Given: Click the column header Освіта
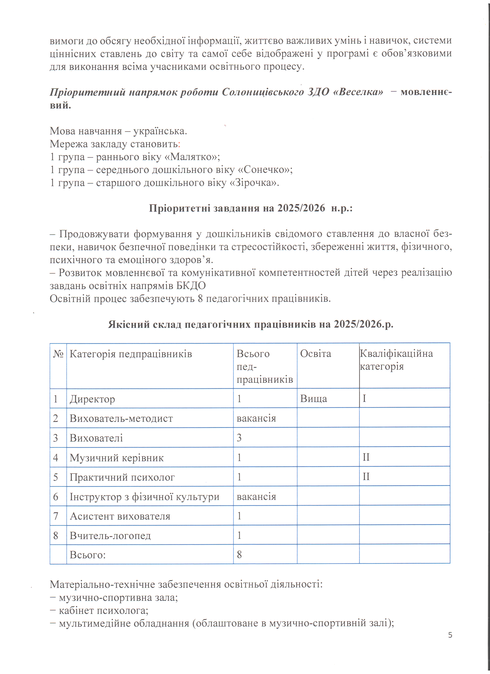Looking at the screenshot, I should [315, 354].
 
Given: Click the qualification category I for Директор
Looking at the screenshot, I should [364, 398].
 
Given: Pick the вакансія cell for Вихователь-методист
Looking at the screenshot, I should [256, 418].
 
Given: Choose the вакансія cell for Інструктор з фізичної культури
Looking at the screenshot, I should [256, 497].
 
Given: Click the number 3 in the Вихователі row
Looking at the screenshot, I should [239, 438].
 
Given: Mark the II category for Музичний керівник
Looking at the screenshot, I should [366, 457].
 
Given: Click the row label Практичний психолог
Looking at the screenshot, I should [122, 477].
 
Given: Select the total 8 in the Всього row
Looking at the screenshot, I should [239, 554].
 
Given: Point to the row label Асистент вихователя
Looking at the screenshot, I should [120, 516].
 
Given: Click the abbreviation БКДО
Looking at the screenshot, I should [191, 286].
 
